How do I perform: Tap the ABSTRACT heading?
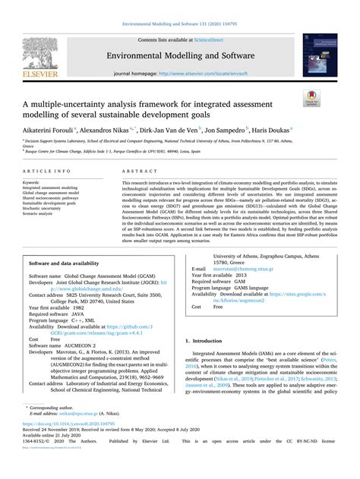coord(135,172)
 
